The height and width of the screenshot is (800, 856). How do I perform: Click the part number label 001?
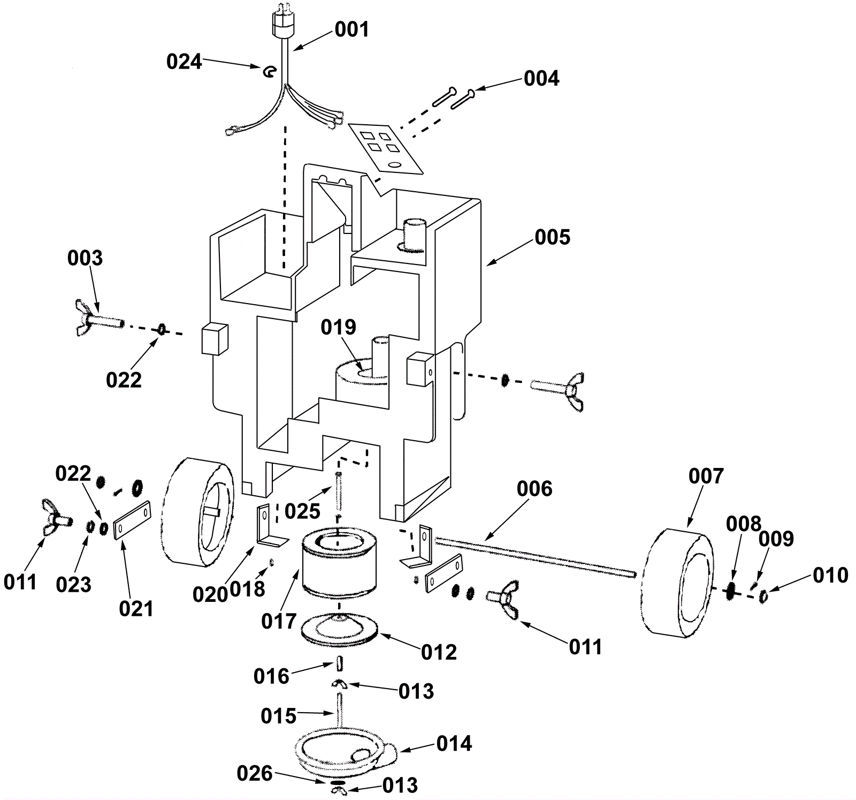(352, 29)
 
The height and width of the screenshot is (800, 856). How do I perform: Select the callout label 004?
(541, 78)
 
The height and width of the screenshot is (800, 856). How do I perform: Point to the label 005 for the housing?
(553, 237)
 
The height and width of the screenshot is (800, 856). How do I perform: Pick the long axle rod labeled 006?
(535, 557)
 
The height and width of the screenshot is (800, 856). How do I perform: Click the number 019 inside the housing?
(338, 327)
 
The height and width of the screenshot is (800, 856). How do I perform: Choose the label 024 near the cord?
(184, 62)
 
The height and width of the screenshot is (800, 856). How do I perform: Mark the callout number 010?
(830, 575)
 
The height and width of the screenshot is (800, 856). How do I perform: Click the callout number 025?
(302, 511)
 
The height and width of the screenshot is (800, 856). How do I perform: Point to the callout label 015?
(278, 716)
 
